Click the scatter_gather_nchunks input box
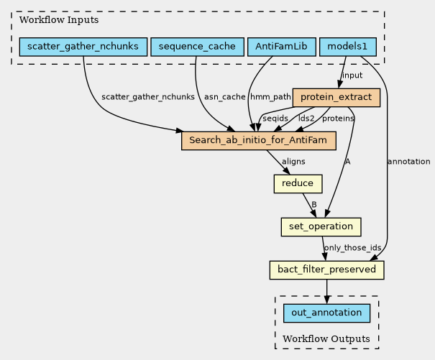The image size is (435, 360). pos(83,47)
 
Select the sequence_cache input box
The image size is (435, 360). pos(196,47)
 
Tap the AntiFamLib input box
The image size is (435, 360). pos(281,47)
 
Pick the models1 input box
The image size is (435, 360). pos(347,47)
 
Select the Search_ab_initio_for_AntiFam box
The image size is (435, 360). pos(259,140)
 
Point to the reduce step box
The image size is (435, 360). pos(298,184)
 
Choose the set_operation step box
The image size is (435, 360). pos(321,227)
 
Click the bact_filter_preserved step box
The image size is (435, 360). pos(327,270)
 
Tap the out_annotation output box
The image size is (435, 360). pos(327,313)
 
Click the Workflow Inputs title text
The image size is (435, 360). pos(50,19)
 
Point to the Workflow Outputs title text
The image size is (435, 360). pos(326,338)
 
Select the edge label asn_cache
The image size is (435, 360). pos(224,97)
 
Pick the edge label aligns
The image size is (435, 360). pos(293,162)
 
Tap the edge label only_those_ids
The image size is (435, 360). pos(352,249)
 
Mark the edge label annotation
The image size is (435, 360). pos(408,162)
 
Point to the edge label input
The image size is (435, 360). pos(352,75)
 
